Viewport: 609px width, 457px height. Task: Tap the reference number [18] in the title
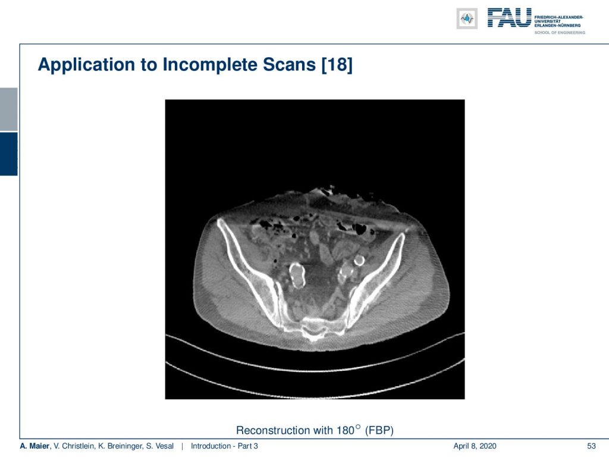pyautogui.click(x=337, y=64)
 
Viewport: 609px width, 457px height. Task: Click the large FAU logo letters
pyautogui.click(x=509, y=18)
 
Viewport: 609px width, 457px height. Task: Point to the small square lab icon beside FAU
pyautogui.click(x=467, y=18)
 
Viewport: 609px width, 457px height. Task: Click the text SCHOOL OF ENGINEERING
pyautogui.click(x=560, y=33)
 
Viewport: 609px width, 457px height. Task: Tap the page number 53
pyautogui.click(x=591, y=446)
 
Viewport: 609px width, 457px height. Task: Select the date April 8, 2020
pyautogui.click(x=475, y=446)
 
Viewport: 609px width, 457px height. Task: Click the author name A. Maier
pyautogui.click(x=34, y=446)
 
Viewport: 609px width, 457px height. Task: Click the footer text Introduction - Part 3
pyautogui.click(x=224, y=446)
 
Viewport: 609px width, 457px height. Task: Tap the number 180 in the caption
pyautogui.click(x=346, y=431)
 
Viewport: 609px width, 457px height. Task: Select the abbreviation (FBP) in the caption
pyautogui.click(x=379, y=431)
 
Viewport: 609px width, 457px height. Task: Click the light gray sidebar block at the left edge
pyautogui.click(x=8, y=109)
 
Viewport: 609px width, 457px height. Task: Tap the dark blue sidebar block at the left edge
pyautogui.click(x=8, y=154)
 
